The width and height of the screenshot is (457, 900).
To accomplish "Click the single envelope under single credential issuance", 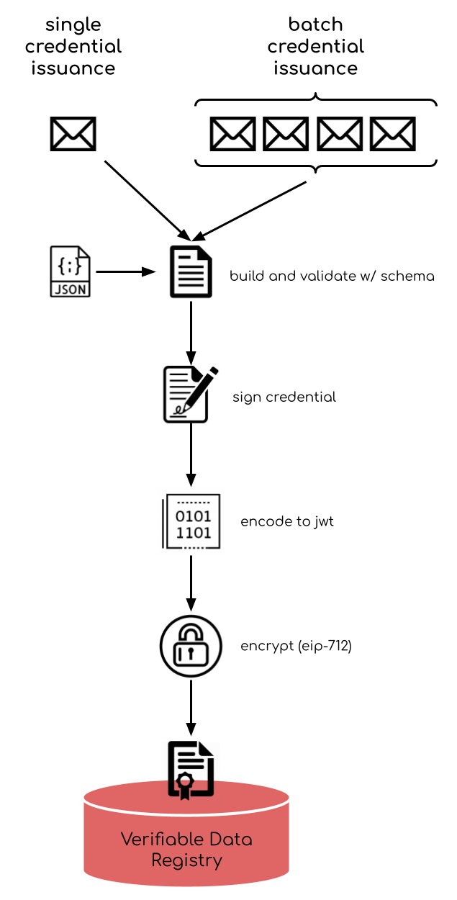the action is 73,134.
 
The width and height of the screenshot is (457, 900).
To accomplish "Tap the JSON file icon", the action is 71,271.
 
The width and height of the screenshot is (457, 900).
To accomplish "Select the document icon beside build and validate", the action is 191,271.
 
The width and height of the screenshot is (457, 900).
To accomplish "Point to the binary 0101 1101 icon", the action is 191,521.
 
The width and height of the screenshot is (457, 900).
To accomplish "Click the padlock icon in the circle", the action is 191,646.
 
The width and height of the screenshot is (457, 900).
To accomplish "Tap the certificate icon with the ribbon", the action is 191,770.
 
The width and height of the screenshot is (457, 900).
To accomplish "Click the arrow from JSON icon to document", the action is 126,272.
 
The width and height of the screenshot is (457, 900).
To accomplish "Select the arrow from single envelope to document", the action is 148,201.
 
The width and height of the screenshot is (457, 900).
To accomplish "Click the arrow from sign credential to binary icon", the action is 191,455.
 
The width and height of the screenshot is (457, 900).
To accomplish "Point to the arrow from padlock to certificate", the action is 191,708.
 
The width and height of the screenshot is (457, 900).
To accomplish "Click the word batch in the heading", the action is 316,24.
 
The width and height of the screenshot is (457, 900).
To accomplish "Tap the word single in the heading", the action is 73,25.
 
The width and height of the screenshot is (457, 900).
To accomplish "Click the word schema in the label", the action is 407,276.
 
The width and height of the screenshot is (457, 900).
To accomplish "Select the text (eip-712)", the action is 325,646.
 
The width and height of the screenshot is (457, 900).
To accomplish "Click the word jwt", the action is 324,522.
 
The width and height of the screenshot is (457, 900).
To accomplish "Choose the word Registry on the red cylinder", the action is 186,860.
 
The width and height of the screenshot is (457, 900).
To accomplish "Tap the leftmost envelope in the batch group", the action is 233,134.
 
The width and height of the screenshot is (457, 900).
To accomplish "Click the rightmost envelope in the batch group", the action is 393,134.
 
